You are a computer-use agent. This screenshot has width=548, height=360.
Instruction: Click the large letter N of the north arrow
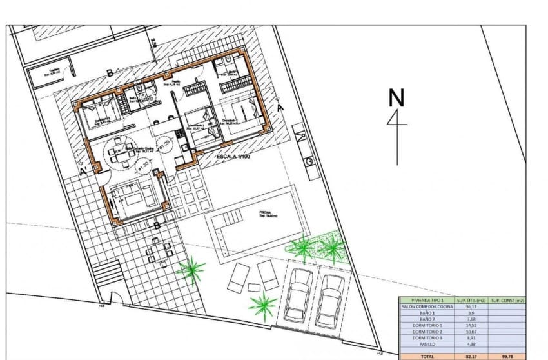(396, 98)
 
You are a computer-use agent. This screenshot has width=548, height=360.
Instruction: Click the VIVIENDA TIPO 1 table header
(426, 300)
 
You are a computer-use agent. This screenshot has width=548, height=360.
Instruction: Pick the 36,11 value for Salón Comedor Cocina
(470, 306)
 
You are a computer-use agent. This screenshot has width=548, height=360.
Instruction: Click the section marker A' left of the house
(83, 173)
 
